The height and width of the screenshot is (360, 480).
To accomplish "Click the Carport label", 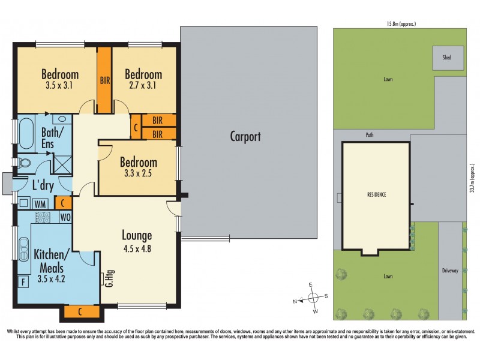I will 245,136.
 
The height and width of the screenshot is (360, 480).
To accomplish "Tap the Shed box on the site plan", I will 447,58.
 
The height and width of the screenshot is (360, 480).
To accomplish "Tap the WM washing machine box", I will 41,203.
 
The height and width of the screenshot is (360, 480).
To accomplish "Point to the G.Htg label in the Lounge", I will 109,278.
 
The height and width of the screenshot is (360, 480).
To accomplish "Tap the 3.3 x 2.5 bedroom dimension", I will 139,175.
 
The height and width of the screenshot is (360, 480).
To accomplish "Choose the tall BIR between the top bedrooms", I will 104,80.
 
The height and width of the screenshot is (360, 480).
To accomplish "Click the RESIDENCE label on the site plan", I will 376,195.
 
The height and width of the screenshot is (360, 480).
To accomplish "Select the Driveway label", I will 450,271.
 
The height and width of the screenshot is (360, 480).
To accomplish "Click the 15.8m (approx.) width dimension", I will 401,24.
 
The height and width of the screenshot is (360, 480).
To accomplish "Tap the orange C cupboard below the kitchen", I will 80,312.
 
